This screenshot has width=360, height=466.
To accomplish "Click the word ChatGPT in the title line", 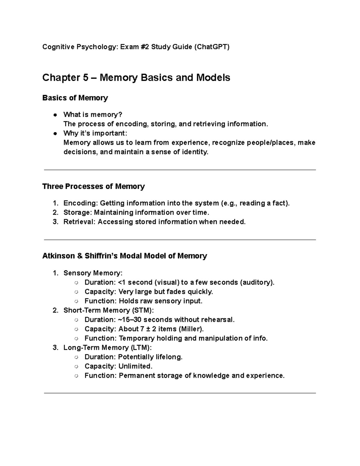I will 212,47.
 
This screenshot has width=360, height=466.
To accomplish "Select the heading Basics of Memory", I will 75,98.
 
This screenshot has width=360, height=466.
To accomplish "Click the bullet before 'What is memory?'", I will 55,115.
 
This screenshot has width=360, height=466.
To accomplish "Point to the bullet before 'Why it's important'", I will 55,134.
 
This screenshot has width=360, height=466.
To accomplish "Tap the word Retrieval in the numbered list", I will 79,222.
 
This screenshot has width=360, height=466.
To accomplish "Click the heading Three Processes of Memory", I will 93,186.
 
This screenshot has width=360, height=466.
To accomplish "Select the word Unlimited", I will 135,366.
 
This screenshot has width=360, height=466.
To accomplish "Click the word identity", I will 195,152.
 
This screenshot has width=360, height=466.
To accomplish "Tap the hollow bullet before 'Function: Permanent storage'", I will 76,376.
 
